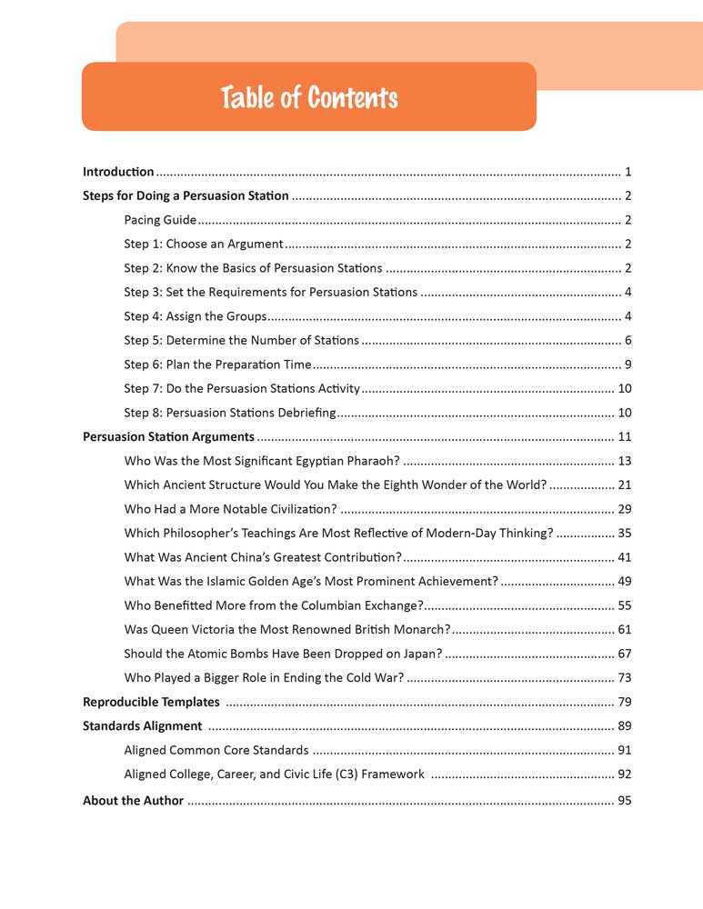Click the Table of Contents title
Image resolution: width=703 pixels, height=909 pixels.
(308, 97)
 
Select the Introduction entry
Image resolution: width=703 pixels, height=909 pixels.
(118, 171)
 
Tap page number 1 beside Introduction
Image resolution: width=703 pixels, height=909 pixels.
(628, 171)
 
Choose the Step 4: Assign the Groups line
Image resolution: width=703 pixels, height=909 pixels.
(195, 316)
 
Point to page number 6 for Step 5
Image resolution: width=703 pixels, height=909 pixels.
(628, 340)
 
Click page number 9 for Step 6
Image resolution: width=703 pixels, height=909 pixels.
(628, 365)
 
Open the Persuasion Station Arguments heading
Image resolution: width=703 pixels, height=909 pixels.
(168, 436)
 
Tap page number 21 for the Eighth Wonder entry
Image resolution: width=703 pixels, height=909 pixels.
(624, 484)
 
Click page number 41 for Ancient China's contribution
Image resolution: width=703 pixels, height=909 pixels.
(624, 557)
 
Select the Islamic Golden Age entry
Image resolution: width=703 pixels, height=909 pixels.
(311, 581)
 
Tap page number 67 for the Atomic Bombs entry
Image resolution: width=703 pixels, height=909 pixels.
(624, 654)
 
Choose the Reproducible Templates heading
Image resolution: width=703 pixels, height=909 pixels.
(151, 702)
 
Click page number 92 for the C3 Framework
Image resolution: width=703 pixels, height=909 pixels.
(624, 774)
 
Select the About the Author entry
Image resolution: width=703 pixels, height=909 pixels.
(133, 801)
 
